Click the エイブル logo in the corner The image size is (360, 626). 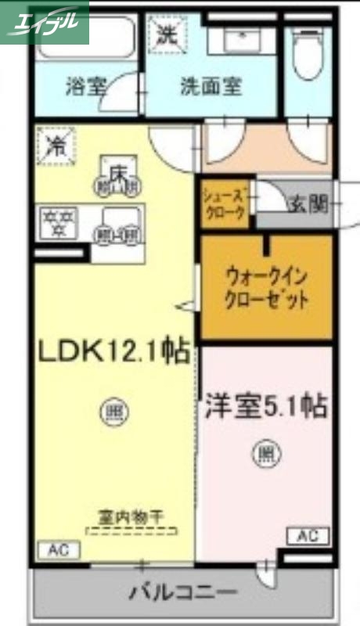pos(45,21)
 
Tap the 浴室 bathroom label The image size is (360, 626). pos(86,86)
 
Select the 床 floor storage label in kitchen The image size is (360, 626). pos(118,169)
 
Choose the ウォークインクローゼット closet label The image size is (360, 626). pos(266,287)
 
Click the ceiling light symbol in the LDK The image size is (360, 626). pos(113,408)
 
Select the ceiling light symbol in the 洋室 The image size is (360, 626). pos(266,452)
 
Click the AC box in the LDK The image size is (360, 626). pos(57,549)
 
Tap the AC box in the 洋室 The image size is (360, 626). pos(308,536)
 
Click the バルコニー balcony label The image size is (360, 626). pos(184,592)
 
